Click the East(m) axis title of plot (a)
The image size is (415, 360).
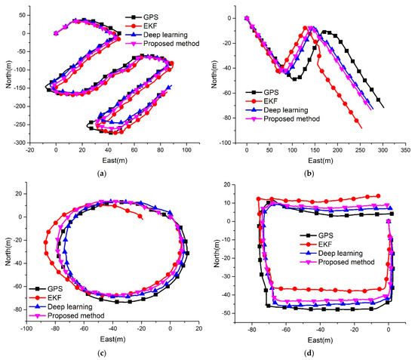tap(103, 160)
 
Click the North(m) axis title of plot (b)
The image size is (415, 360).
tap(214, 73)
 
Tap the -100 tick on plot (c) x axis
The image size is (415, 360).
tap(26, 330)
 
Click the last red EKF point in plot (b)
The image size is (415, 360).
tap(361, 128)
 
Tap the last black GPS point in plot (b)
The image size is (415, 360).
tap(383, 107)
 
